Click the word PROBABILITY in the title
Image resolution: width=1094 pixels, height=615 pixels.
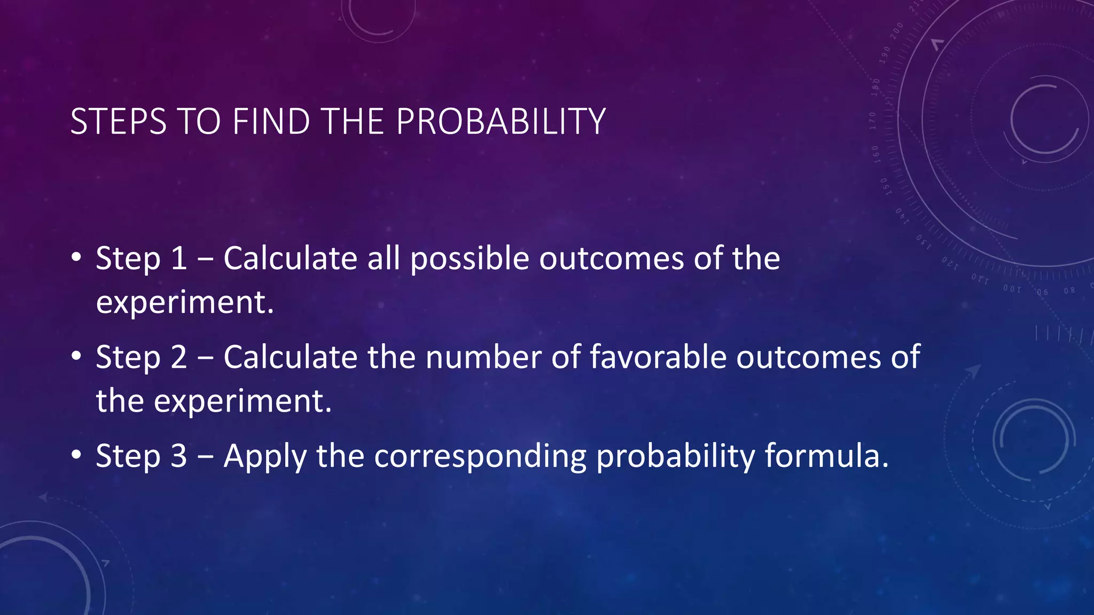coord(501,122)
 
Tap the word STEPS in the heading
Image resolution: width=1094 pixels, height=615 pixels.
coord(118,122)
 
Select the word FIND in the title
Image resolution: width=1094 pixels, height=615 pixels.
coord(271,122)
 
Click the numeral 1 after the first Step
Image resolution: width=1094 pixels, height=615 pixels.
coord(178,259)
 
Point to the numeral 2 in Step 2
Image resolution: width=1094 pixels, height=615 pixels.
coord(178,357)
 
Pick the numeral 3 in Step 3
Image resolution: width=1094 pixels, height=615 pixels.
coord(178,456)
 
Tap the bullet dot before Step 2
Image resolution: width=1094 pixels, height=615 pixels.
coord(76,357)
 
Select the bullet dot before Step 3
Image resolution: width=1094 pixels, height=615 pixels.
coord(76,456)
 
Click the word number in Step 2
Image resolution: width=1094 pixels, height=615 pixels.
coord(483,357)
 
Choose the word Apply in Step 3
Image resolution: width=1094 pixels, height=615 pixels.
coord(265,458)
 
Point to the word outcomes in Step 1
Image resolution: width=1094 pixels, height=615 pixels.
coord(611,259)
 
